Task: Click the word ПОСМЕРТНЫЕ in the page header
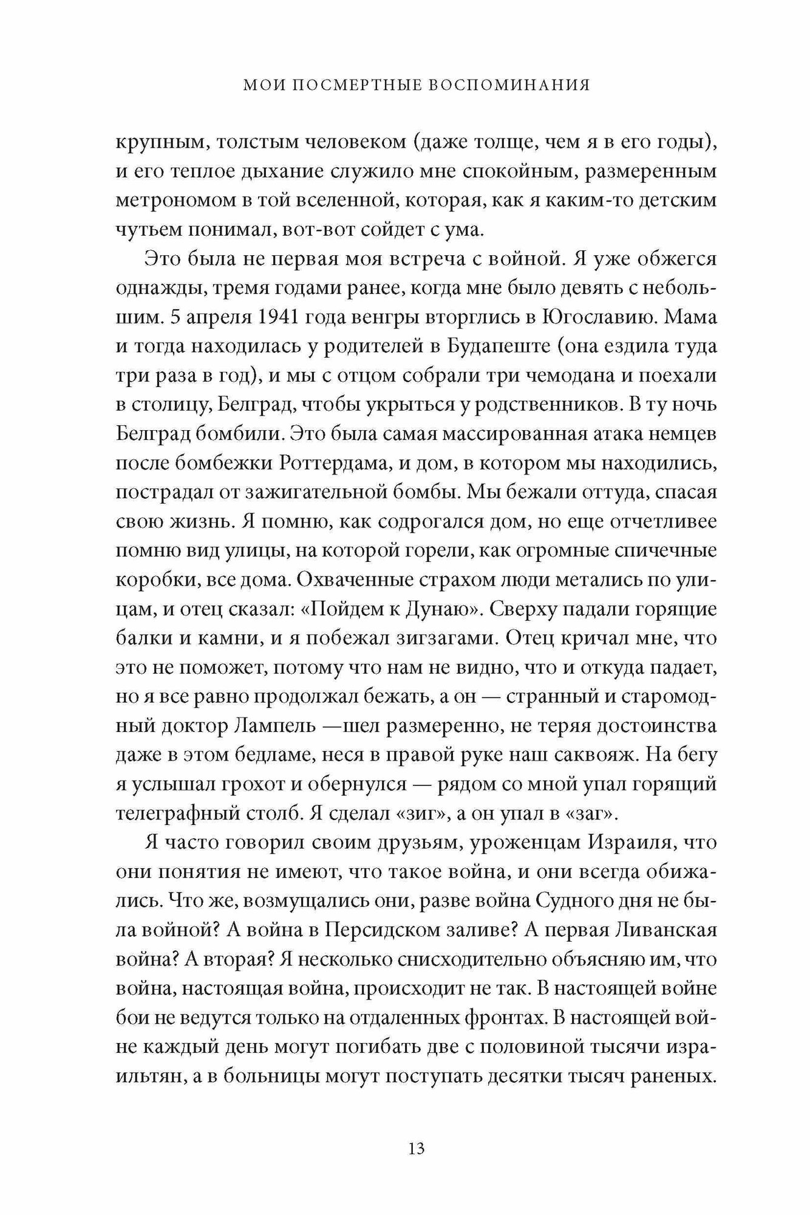[x=353, y=86]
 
